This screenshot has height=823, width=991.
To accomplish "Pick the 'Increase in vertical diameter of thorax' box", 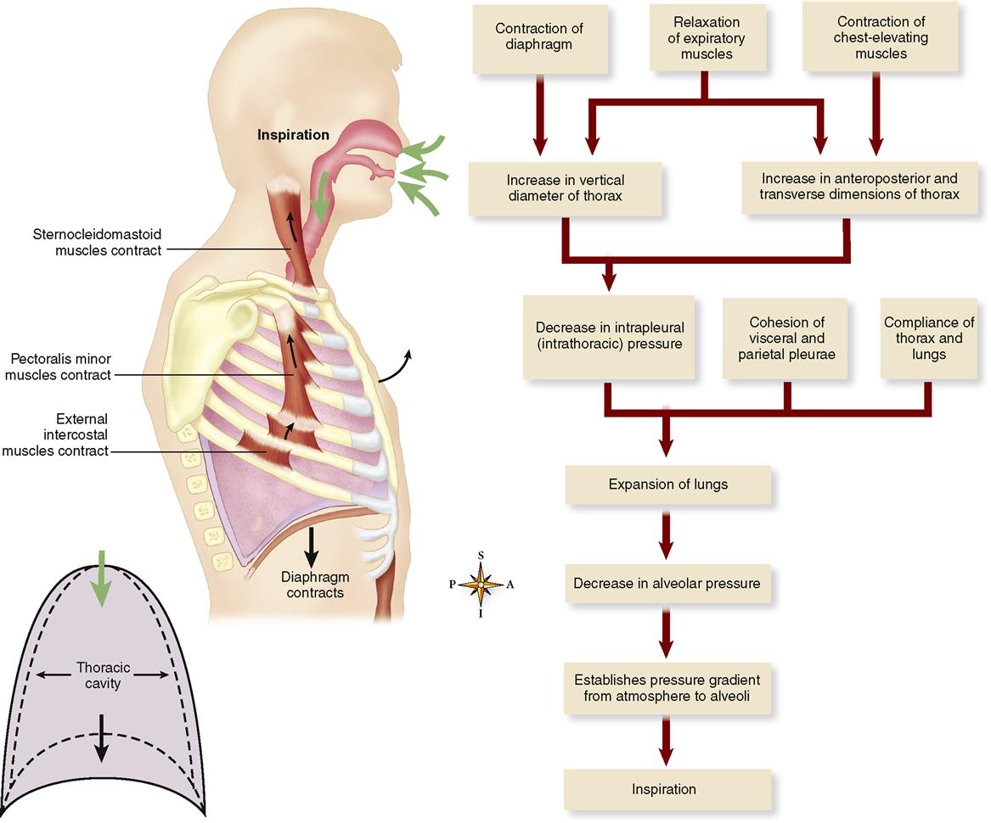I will click(565, 188).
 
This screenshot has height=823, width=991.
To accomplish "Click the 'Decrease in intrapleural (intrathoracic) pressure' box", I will click(609, 337).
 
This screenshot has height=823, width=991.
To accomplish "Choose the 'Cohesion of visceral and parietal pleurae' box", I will click(787, 338).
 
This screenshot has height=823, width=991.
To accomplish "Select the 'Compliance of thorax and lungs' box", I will click(928, 338).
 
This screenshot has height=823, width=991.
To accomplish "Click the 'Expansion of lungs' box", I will click(668, 485).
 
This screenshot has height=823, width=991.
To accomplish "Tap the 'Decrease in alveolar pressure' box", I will click(667, 584).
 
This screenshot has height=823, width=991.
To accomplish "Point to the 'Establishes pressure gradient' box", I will click(667, 689).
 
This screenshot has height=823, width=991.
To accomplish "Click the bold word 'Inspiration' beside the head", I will click(295, 135).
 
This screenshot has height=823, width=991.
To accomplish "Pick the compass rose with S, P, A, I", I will click(481, 585).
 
